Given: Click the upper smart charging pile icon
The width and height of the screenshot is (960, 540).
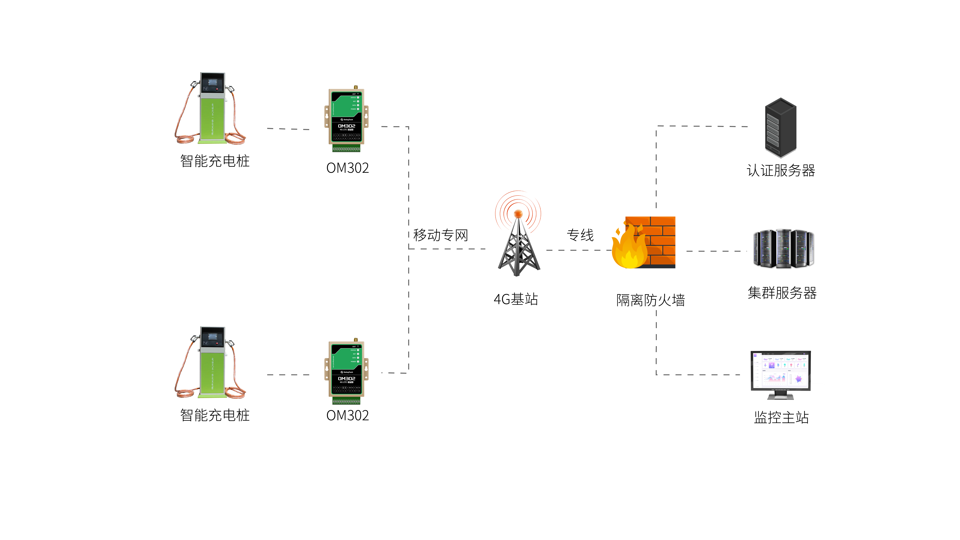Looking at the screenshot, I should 211,108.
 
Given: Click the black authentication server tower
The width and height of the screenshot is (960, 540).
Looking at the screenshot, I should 781,127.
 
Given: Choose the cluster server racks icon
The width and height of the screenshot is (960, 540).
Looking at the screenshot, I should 783,249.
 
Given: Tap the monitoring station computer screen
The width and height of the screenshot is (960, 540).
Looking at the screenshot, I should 781,371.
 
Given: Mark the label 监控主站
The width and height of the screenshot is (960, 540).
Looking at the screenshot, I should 781,417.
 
